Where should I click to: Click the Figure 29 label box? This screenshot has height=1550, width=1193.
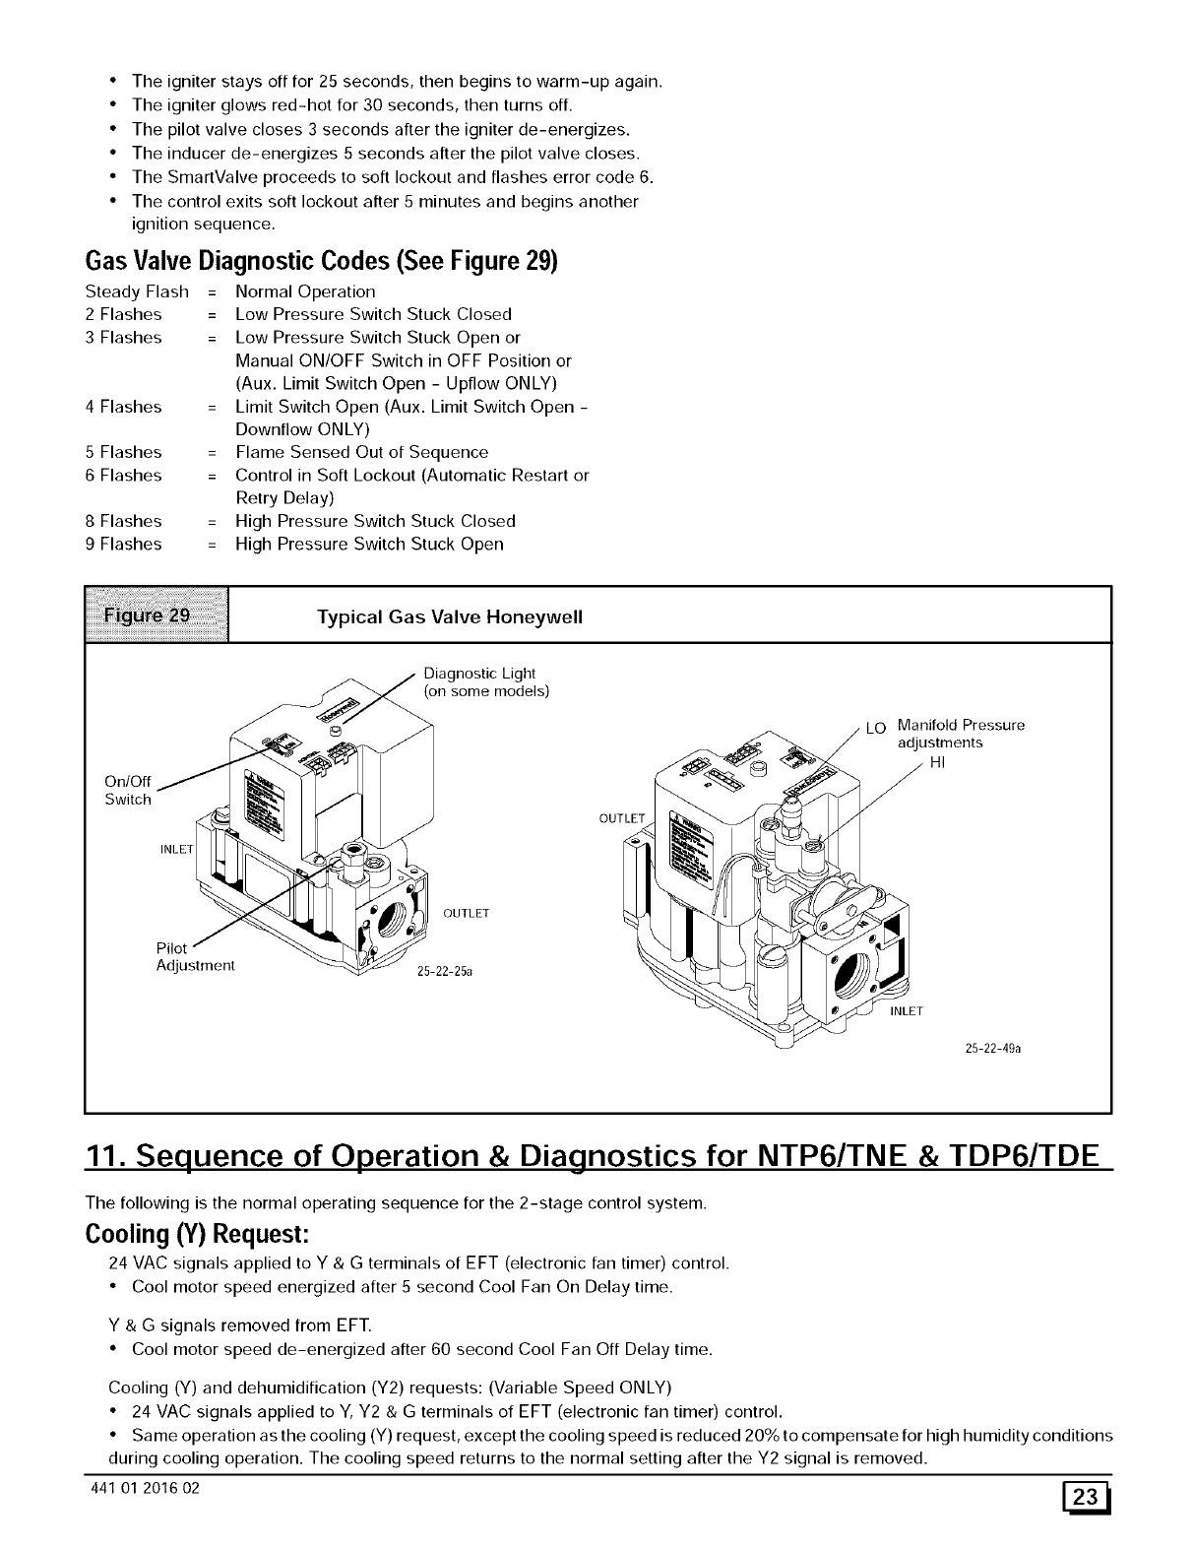tap(157, 614)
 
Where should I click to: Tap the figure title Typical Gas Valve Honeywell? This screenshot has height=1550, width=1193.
tap(450, 617)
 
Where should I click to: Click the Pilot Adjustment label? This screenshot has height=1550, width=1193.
tap(195, 956)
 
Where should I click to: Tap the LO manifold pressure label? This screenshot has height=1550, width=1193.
tap(876, 729)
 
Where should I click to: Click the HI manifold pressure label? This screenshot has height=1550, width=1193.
tap(937, 761)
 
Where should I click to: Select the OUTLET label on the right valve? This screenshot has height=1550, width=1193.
tap(622, 819)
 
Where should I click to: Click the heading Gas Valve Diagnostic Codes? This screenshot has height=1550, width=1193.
tap(321, 261)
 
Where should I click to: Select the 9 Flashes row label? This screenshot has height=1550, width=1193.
tap(123, 544)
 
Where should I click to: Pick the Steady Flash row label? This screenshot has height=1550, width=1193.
tap(137, 291)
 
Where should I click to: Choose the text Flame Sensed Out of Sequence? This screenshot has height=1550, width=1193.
tap(361, 452)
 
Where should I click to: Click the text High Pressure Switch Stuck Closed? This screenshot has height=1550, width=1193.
tap(375, 521)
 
